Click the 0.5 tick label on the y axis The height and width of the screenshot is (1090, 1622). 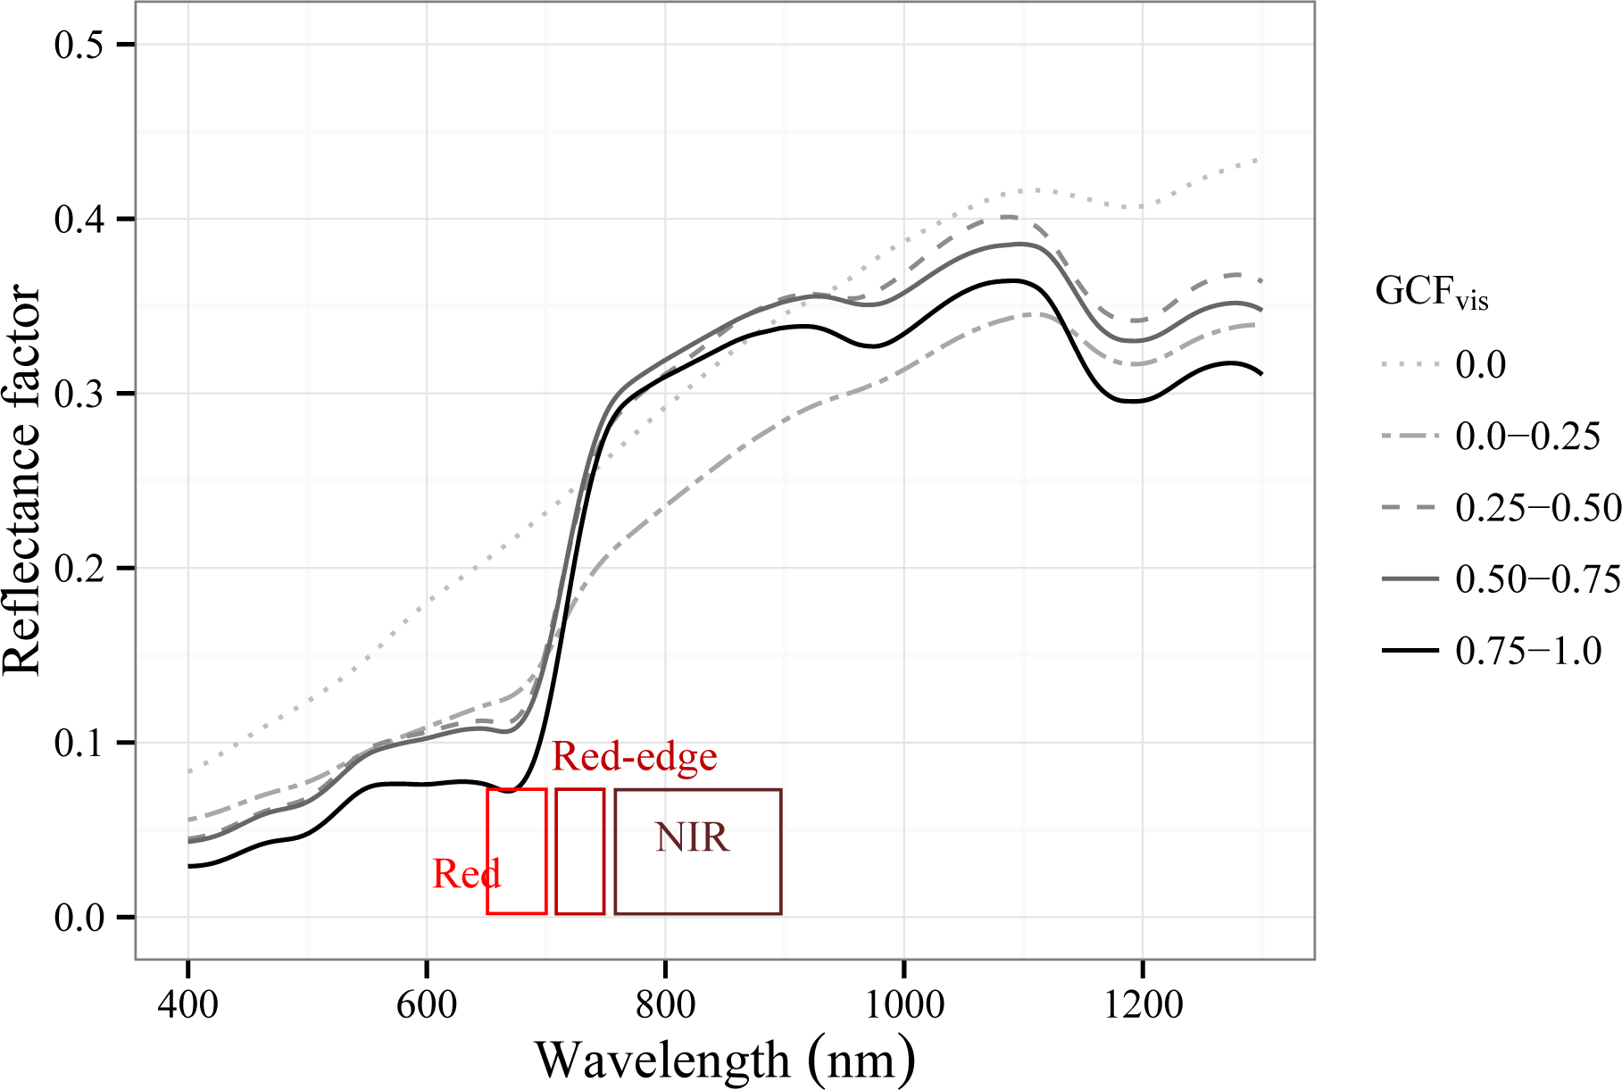[x=79, y=45]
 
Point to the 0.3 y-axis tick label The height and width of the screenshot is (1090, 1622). [x=79, y=394]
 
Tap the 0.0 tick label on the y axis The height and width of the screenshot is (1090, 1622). [x=79, y=918]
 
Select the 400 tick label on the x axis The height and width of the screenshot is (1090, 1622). [x=187, y=1004]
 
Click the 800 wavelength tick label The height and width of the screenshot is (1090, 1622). [x=665, y=1004]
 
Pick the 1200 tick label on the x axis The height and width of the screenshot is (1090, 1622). [x=1143, y=1004]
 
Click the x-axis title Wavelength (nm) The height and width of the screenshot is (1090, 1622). [x=725, y=1060]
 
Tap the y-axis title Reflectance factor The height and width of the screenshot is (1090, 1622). [x=22, y=481]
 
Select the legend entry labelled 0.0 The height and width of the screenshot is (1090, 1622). [x=1480, y=364]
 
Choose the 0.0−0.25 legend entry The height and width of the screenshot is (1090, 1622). [x=1527, y=436]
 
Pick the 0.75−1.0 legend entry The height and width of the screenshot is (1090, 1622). [x=1527, y=651]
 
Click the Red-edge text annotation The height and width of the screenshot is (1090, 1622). [x=635, y=757]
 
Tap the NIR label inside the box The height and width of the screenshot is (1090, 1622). [x=693, y=837]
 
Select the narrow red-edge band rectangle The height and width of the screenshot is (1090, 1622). [x=579, y=851]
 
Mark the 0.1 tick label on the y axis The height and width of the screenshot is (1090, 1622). [x=79, y=743]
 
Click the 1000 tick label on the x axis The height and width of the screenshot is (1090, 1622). [x=904, y=1004]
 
